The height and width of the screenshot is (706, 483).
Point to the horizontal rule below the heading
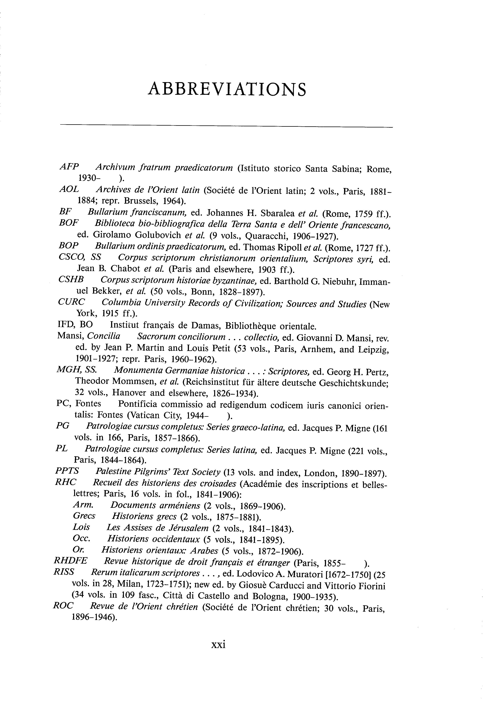(x=226, y=125)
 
